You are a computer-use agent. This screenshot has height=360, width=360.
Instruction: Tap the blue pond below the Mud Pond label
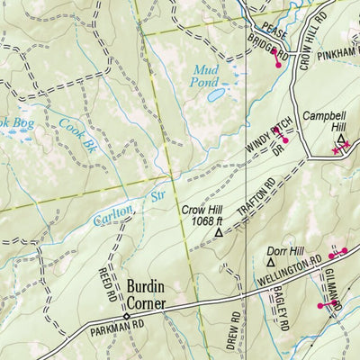tap(216, 93)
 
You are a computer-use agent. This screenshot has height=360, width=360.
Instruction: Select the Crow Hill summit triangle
tap(218, 232)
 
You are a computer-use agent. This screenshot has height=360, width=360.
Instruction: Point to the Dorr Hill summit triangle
tap(272, 262)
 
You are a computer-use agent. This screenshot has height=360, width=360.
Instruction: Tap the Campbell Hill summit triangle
tap(341, 141)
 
